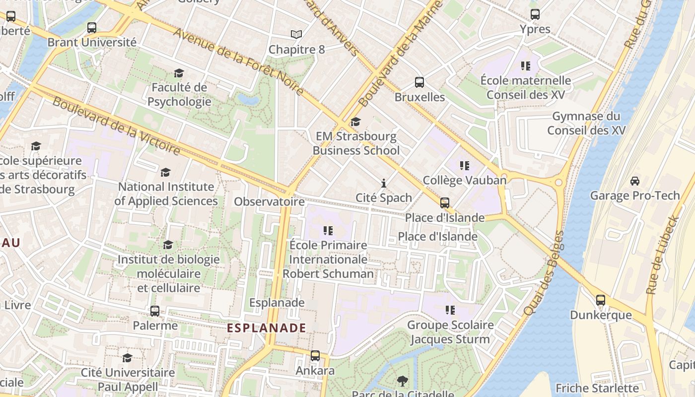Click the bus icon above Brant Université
[92, 28]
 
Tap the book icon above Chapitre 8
[296, 35]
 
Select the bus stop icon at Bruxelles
[419, 82]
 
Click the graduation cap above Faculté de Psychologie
[179, 73]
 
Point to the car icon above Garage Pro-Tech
[634, 181]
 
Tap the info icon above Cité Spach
[383, 184]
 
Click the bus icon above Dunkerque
[601, 300]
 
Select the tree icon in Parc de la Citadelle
[403, 381]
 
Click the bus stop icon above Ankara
[315, 356]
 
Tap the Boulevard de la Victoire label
[116, 126]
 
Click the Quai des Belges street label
[544, 273]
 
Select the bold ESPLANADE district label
[267, 328]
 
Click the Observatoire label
[269, 201]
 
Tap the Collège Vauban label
[465, 180]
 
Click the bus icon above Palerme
[155, 311]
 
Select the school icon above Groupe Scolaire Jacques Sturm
[450, 311]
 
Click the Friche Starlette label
[597, 388]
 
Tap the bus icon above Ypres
[535, 14]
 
